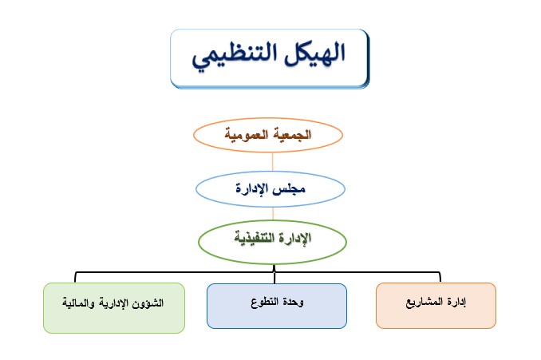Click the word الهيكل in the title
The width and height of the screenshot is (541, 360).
click(314, 53)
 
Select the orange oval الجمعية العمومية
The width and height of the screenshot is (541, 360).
click(268, 135)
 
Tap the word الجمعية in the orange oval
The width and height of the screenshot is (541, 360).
click(294, 134)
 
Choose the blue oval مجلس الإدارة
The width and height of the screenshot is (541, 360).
click(270, 189)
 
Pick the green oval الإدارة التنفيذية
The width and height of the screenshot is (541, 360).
click(272, 242)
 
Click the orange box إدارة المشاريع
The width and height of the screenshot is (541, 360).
click(436, 306)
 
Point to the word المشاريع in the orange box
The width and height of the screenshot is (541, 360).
click(424, 303)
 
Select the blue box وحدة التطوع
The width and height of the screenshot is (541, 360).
click(277, 306)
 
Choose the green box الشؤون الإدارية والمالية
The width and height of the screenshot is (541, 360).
click(114, 308)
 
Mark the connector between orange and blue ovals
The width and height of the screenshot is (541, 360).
click(273, 162)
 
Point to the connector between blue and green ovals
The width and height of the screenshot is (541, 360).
click(273, 213)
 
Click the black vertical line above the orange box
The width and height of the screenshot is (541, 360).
click(440, 277)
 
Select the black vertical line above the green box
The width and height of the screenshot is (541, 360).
click(75, 278)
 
